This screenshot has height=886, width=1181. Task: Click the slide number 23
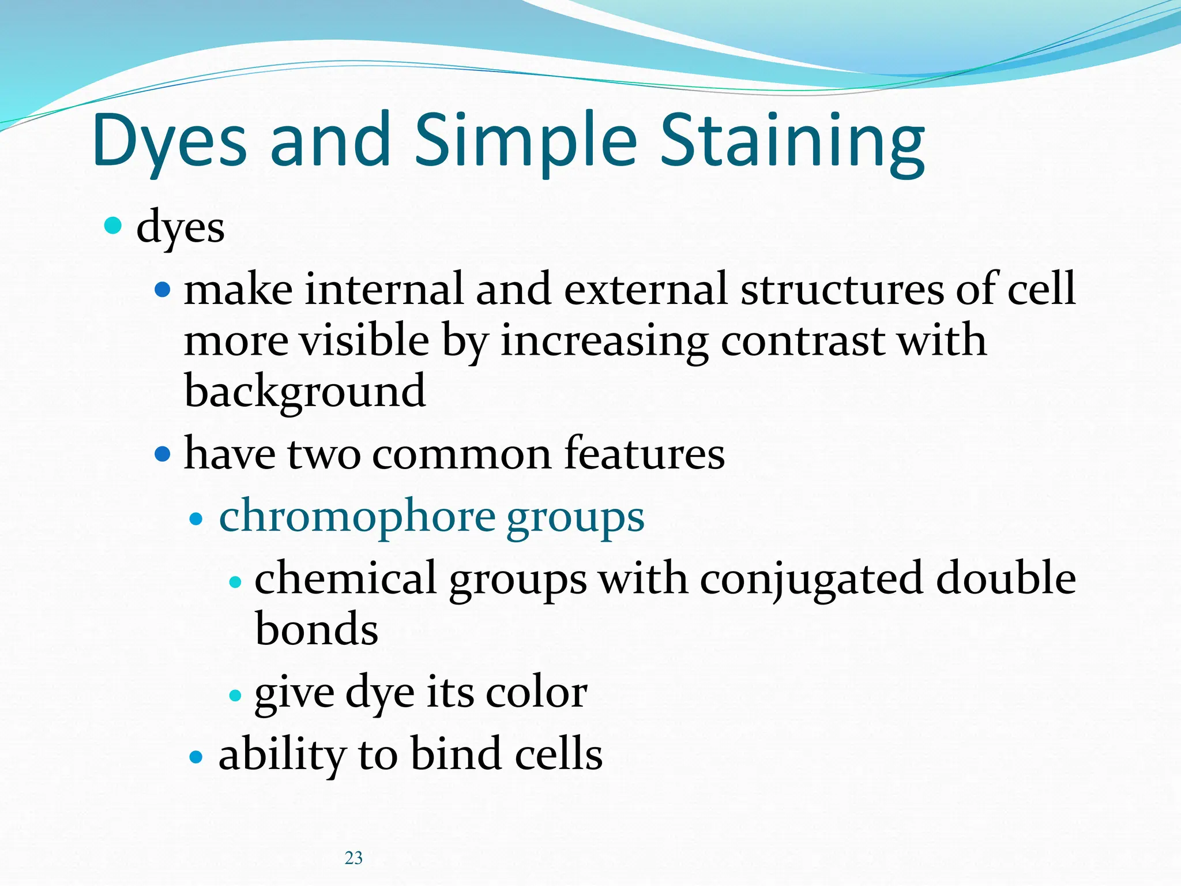click(x=353, y=858)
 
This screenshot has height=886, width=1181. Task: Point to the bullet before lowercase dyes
click(x=113, y=225)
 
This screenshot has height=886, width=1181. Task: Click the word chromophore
click(x=357, y=516)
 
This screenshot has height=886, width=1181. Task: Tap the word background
click(x=305, y=391)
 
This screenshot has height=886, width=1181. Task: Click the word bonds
click(x=316, y=628)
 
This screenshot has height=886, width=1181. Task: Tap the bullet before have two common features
click(x=163, y=455)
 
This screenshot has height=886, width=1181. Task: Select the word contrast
click(x=802, y=340)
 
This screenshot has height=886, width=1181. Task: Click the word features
click(x=644, y=453)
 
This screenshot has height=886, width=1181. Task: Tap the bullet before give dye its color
click(x=235, y=696)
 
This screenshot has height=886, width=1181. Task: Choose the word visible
click(x=364, y=340)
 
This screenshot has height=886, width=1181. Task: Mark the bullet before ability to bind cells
click(x=197, y=757)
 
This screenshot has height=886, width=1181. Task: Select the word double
click(x=1006, y=578)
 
